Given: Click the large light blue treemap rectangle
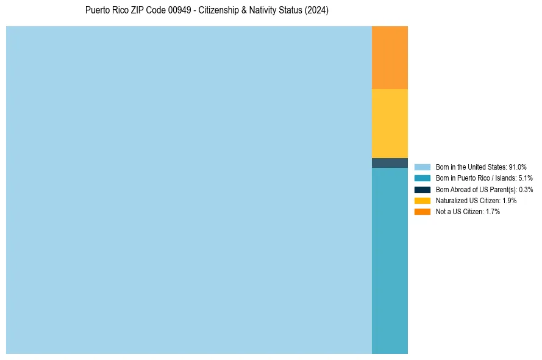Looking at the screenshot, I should click(189, 190).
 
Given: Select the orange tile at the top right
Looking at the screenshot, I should click(390, 57).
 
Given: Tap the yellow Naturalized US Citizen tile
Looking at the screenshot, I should click(390, 123).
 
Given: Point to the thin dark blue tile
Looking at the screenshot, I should click(390, 163).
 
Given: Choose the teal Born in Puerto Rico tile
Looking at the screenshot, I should click(390, 261).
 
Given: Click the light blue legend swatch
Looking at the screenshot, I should click(422, 167).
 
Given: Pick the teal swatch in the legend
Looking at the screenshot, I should click(422, 178).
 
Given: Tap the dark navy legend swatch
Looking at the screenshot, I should click(422, 189).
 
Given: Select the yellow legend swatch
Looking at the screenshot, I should click(422, 200).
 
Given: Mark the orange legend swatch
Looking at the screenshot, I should click(422, 211).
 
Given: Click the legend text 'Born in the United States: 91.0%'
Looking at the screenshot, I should click(481, 167).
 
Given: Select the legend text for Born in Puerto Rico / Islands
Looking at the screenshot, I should click(484, 178).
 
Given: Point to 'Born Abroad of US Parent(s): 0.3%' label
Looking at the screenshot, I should click(484, 189).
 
